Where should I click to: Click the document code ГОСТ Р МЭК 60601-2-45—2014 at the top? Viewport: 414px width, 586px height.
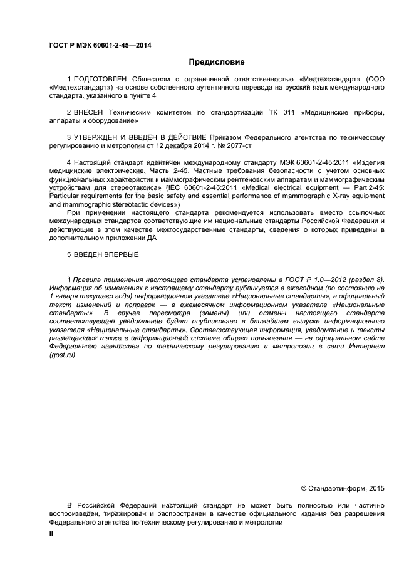(x=100, y=45)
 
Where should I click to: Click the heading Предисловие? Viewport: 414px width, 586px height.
(x=217, y=62)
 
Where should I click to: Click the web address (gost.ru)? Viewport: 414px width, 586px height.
(x=62, y=355)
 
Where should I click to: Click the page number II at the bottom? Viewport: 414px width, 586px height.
(x=52, y=535)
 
